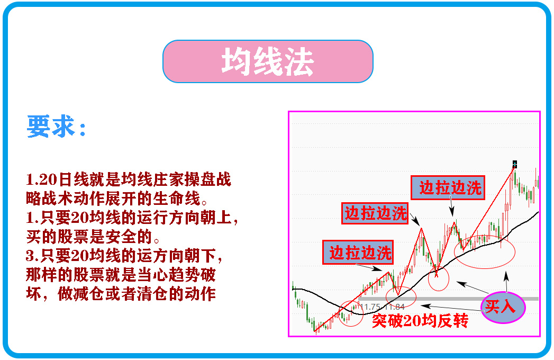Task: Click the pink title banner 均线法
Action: click(268, 61)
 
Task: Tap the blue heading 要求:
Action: click(56, 127)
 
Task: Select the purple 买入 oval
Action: click(502, 307)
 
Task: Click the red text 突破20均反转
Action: click(420, 320)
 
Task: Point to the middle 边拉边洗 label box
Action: click(376, 213)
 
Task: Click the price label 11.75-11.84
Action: click(382, 307)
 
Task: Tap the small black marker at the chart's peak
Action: click(514, 164)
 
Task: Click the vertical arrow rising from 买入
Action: click(506, 282)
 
